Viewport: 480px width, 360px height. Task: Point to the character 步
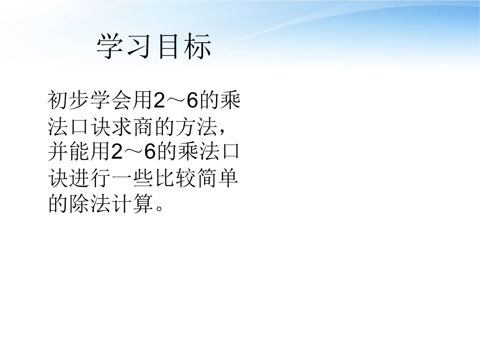pos(79,100)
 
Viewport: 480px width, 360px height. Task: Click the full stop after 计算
pos(159,208)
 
